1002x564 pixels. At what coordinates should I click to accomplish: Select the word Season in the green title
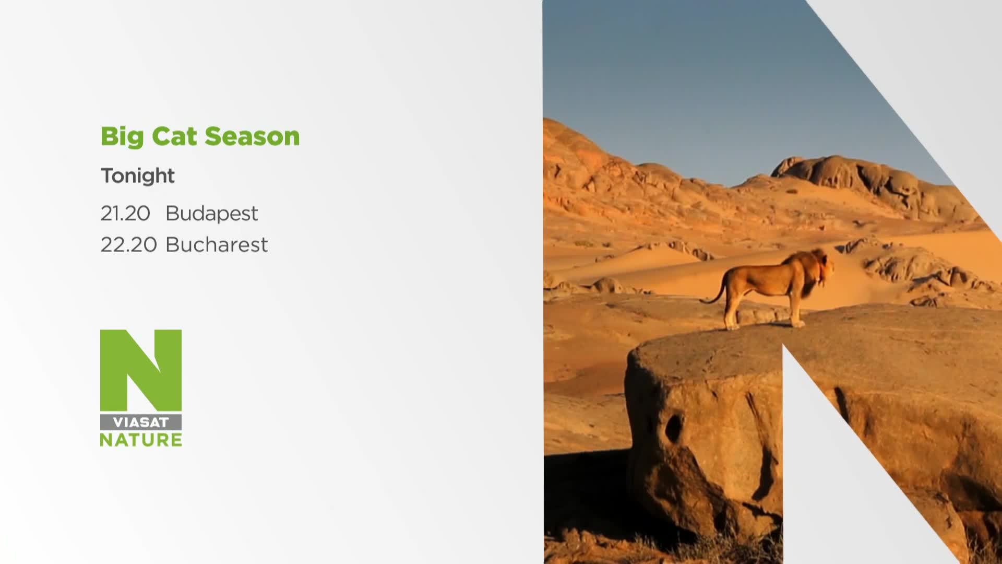click(x=253, y=136)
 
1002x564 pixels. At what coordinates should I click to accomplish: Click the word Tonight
click(x=138, y=176)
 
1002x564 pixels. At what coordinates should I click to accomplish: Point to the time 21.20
click(x=125, y=213)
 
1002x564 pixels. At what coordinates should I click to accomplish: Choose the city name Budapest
click(x=211, y=214)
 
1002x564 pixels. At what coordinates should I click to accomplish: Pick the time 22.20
click(x=128, y=244)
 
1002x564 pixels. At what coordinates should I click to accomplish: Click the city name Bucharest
click(x=217, y=244)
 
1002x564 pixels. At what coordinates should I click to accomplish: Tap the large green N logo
click(x=141, y=370)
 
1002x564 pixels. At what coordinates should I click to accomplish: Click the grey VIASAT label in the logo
click(x=141, y=422)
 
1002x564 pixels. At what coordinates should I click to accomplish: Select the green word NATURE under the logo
click(x=141, y=440)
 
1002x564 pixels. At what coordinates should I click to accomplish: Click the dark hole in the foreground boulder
click(x=673, y=427)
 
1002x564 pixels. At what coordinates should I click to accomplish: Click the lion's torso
click(x=765, y=281)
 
